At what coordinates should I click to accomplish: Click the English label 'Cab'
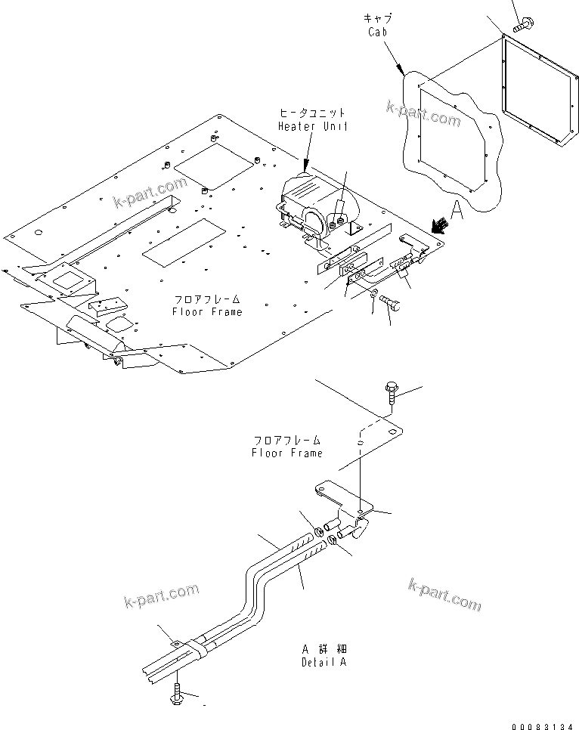pos(378,32)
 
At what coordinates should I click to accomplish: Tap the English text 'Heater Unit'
pos(312,126)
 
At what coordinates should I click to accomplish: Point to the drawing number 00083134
pos(543,725)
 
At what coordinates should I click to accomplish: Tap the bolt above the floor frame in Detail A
pos(391,393)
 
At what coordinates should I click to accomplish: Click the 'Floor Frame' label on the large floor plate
pos(206,311)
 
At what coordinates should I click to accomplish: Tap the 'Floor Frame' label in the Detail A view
pos(287,452)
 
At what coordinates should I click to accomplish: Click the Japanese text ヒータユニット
pos(312,113)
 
